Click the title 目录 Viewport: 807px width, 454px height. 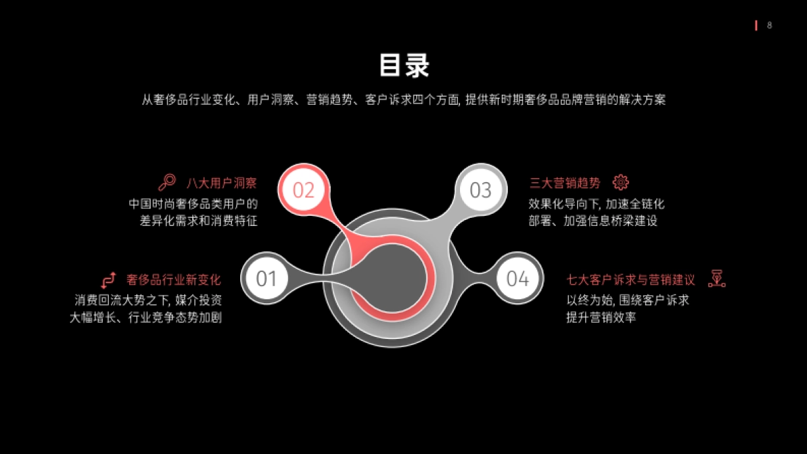(403, 66)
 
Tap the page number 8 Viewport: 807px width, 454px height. (769, 26)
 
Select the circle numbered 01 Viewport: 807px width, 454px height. (267, 278)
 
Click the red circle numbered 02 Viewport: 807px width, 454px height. (303, 190)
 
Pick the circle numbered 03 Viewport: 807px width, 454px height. (480, 190)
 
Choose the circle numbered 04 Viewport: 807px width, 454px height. (518, 278)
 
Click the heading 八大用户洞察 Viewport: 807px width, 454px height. (221, 183)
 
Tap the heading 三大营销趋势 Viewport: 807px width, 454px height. (566, 183)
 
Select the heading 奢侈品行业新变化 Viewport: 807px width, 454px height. (174, 280)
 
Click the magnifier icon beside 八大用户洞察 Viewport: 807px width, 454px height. (167, 182)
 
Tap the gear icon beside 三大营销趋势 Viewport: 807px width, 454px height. (621, 182)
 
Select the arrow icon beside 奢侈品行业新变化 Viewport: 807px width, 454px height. (108, 280)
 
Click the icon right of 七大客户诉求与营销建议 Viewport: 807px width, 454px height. (717, 279)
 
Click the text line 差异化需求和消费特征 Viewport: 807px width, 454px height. (198, 221)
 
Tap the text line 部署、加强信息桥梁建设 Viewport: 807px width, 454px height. (592, 221)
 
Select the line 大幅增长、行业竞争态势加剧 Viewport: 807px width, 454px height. (146, 317)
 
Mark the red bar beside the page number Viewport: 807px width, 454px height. (756, 26)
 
